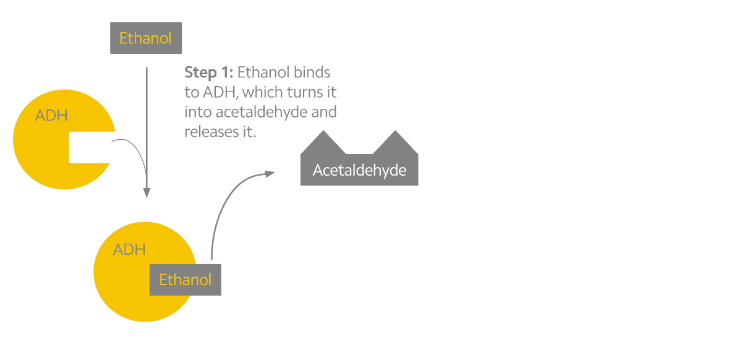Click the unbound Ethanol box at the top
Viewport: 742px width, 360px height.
[146, 38]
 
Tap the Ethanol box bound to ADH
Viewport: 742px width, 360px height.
[185, 280]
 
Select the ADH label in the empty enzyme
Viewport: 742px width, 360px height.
[51, 115]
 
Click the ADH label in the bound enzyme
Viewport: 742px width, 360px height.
[129, 249]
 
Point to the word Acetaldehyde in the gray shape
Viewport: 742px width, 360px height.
[359, 170]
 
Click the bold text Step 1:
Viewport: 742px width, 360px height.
[209, 72]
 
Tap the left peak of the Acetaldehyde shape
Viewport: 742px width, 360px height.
[323, 131]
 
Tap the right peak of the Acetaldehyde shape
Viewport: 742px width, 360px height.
[395, 131]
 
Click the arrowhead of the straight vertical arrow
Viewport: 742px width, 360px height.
[147, 193]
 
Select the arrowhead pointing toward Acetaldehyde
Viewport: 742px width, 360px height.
[270, 174]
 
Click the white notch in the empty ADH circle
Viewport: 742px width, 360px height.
[90, 147]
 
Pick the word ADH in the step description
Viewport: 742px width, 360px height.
[220, 92]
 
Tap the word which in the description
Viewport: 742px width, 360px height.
[263, 92]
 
